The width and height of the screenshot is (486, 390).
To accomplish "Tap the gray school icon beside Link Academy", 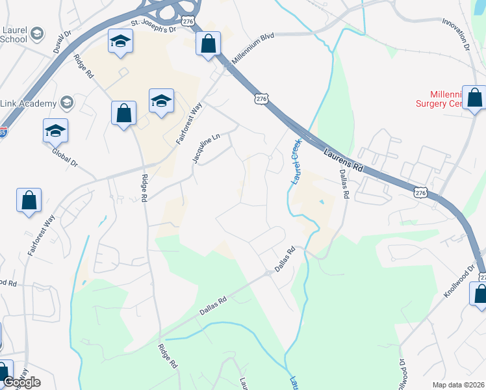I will tap(66, 103).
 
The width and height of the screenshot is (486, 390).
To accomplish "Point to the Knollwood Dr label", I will tap(461, 283).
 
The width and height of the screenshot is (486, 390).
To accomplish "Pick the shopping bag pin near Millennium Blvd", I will tap(209, 44).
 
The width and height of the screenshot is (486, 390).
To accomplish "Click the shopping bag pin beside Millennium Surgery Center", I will tap(474, 97).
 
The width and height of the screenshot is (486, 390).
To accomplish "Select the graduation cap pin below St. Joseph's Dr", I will tap(120, 42).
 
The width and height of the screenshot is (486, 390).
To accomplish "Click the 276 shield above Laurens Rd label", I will tap(261, 99).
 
